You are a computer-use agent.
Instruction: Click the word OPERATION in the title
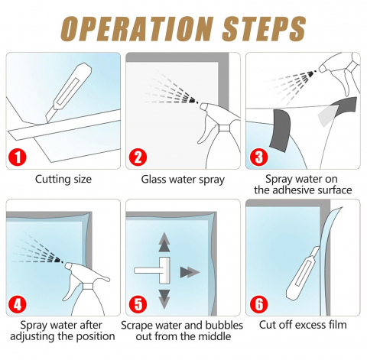click(x=137, y=29)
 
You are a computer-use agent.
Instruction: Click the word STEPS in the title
click(x=264, y=29)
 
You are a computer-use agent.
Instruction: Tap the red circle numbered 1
click(x=18, y=157)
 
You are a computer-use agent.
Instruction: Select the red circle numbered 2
click(x=138, y=157)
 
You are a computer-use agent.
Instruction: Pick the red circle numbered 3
click(x=258, y=157)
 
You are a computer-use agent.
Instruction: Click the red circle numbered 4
click(x=18, y=304)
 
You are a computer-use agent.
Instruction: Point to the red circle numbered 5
click(x=138, y=304)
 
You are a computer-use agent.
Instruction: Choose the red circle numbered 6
click(x=258, y=304)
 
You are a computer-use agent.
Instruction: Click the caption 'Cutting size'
click(x=63, y=180)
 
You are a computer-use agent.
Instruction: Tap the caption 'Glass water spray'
click(x=183, y=180)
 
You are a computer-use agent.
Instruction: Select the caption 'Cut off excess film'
click(x=303, y=325)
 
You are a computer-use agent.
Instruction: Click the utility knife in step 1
click(x=69, y=93)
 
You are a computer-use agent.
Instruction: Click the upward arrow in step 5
click(x=164, y=242)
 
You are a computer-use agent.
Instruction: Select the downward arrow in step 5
click(x=164, y=300)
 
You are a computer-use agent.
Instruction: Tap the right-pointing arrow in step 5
click(x=190, y=272)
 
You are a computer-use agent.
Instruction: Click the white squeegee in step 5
click(x=158, y=271)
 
